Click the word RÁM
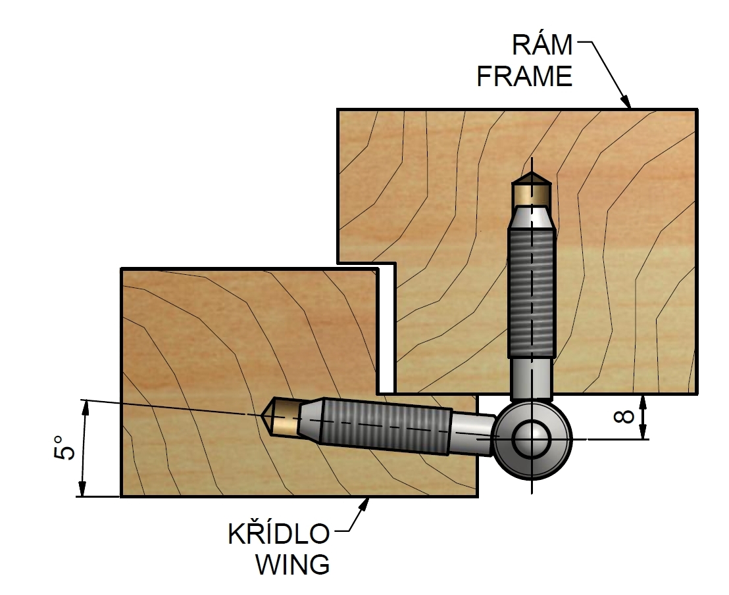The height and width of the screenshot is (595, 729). tap(542, 45)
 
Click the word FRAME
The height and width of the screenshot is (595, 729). tap(524, 77)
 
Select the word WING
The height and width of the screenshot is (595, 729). tap(292, 564)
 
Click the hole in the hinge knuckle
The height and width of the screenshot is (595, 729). tap(532, 439)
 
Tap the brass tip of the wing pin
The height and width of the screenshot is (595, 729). tap(281, 417)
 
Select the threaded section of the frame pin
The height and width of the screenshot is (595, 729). tap(532, 293)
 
